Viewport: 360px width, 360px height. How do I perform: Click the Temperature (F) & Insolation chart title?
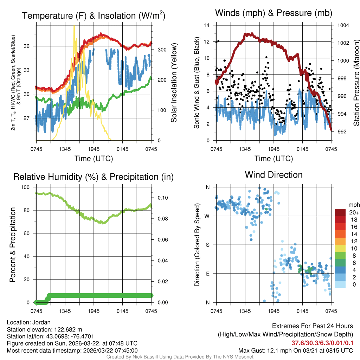coord(94,16)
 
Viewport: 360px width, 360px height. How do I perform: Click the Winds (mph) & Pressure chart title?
coord(274,13)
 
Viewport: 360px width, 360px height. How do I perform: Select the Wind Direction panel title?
coord(274,175)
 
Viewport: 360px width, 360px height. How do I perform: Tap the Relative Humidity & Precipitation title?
coord(93,177)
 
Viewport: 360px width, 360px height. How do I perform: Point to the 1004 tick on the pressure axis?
coord(343,25)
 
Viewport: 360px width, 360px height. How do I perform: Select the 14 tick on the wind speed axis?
coord(207,25)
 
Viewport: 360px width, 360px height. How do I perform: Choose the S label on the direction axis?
coord(208,245)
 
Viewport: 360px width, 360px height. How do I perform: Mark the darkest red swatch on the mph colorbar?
coord(341,212)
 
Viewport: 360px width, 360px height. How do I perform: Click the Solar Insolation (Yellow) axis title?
coord(174,83)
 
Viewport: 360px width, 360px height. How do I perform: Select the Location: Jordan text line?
coord(29,322)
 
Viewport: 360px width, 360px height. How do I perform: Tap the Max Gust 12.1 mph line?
coord(295,351)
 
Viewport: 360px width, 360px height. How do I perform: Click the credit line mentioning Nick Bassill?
coord(180,357)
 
